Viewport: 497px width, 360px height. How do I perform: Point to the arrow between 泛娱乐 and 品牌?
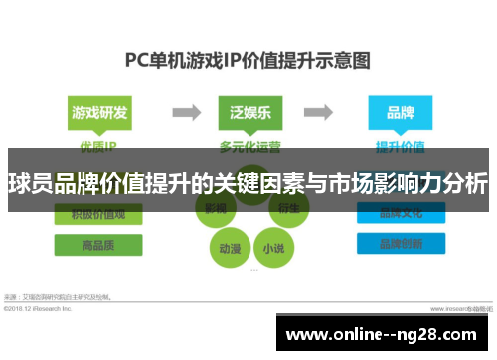point(321,111)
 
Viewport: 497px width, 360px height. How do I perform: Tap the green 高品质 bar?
point(97,245)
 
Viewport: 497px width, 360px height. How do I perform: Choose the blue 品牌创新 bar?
point(395,245)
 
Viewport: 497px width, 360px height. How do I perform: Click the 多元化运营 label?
point(248,146)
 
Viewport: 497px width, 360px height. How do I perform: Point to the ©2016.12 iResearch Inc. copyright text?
point(40,308)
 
